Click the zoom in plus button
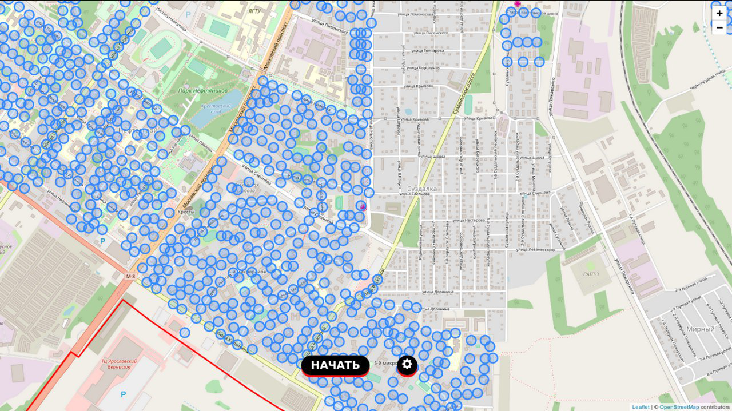(x=719, y=13)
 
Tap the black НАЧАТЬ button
(x=335, y=365)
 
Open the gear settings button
(x=407, y=364)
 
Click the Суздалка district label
(x=422, y=189)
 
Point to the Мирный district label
(x=701, y=329)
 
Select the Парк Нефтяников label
(x=202, y=90)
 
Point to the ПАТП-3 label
(x=591, y=274)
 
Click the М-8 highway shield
(x=131, y=277)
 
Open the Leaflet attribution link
(x=640, y=407)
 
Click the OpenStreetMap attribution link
(x=679, y=407)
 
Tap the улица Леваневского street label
(x=535, y=250)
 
